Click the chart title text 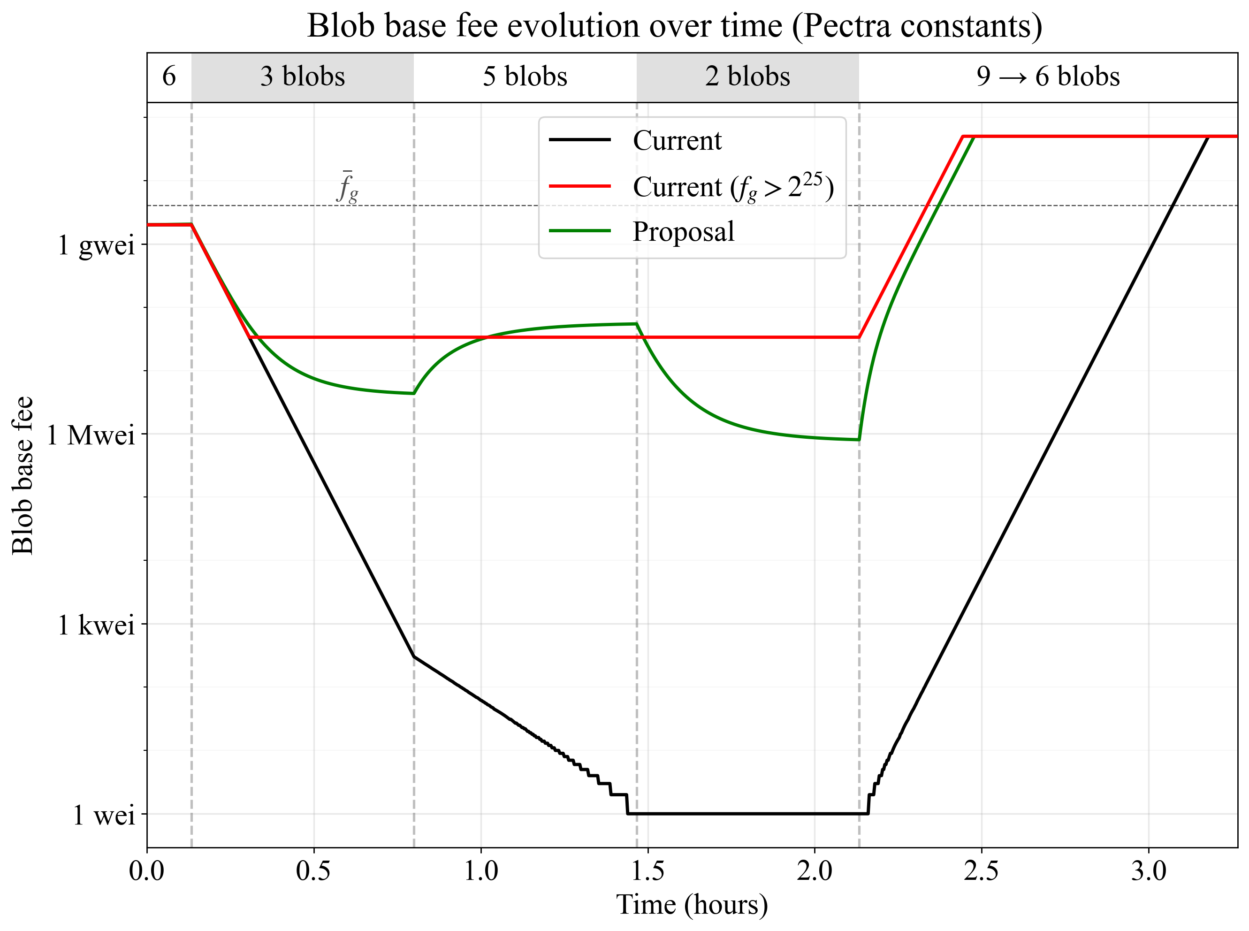click(674, 26)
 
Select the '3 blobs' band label click(303, 76)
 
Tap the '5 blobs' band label click(525, 76)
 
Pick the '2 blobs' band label click(747, 76)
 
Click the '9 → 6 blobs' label click(1048, 76)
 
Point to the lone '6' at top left click(169, 76)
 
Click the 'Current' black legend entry click(677, 140)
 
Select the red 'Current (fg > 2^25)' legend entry click(732, 187)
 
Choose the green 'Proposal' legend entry click(683, 232)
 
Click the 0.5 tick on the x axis click(314, 870)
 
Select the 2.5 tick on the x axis click(982, 870)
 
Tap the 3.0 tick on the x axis click(1148, 870)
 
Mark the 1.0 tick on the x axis click(480, 870)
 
